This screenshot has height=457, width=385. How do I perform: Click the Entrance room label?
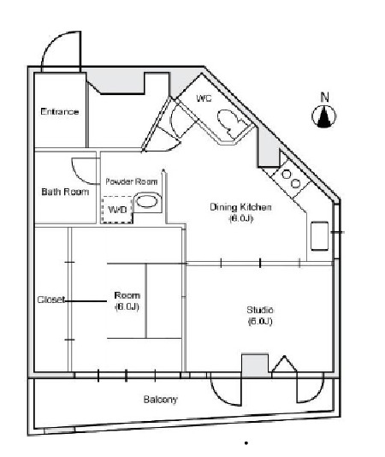click(x=60, y=112)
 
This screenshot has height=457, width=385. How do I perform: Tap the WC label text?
click(x=204, y=99)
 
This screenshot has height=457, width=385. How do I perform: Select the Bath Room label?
click(x=65, y=192)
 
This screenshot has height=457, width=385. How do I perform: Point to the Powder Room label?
click(x=133, y=182)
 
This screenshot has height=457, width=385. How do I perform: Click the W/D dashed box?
click(x=117, y=209)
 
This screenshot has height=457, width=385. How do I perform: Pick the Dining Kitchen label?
click(x=241, y=208)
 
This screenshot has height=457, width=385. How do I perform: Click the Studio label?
click(x=260, y=309)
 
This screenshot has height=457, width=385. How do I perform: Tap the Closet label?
click(x=50, y=300)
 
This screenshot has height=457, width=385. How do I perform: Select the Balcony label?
click(x=161, y=400)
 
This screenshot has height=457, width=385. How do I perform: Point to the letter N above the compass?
click(x=324, y=96)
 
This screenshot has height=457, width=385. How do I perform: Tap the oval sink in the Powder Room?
click(x=149, y=202)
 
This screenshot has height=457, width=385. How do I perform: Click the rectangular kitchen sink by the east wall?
click(x=321, y=234)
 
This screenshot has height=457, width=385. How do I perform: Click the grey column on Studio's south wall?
click(x=255, y=365)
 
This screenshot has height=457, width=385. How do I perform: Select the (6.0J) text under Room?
click(x=127, y=306)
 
